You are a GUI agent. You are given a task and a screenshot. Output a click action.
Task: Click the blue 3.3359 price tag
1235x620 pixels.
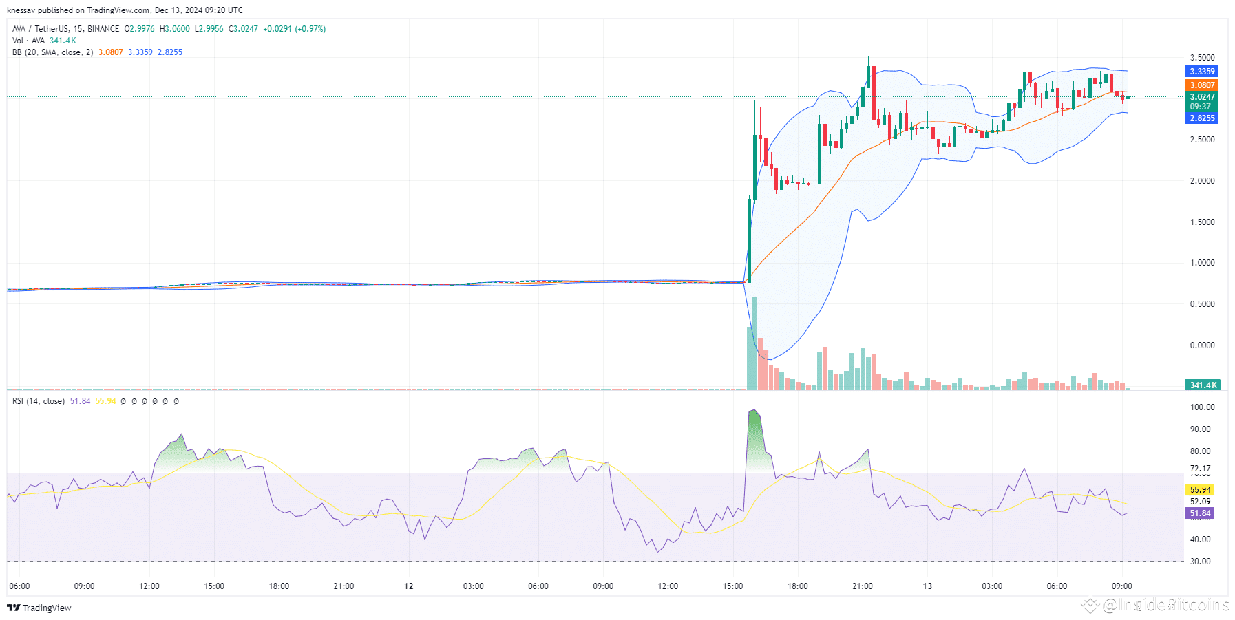(x=1202, y=72)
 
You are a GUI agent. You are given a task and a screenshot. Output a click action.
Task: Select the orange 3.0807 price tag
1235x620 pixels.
(x=1202, y=85)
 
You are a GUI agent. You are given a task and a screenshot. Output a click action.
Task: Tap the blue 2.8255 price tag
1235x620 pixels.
(x=1202, y=118)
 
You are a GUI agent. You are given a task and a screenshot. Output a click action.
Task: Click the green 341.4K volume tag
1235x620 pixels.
(x=1202, y=385)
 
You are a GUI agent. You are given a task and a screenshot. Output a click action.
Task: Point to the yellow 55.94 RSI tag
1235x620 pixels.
(x=1200, y=490)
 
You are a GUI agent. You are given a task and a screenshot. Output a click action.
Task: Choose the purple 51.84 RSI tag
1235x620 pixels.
(x=1200, y=513)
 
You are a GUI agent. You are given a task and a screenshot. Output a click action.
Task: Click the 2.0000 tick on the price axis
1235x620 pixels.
(x=1202, y=181)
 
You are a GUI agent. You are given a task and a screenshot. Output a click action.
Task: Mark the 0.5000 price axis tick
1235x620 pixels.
(x=1202, y=304)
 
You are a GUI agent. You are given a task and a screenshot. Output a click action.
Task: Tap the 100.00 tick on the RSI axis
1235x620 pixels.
(x=1202, y=407)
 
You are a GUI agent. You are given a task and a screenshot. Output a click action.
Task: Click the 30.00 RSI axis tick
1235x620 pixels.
(x=1200, y=562)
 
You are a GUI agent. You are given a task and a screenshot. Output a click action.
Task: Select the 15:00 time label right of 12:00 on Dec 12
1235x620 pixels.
(x=732, y=586)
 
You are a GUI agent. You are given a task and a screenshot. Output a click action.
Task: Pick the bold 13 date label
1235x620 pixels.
(x=927, y=586)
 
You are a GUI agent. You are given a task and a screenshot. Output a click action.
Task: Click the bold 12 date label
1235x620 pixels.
(x=409, y=586)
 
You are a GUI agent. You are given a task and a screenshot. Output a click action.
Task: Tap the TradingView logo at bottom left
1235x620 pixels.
(x=39, y=608)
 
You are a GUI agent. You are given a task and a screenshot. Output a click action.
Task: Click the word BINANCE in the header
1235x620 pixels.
(x=103, y=29)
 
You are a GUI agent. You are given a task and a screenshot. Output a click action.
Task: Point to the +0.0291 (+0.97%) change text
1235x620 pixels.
(x=294, y=29)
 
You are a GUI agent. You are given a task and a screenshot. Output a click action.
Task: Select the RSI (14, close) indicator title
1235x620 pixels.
(x=39, y=401)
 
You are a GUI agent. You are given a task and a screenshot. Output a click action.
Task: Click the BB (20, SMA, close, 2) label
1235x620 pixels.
(x=52, y=52)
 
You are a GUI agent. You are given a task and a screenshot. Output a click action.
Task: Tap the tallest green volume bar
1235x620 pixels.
(x=755, y=344)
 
